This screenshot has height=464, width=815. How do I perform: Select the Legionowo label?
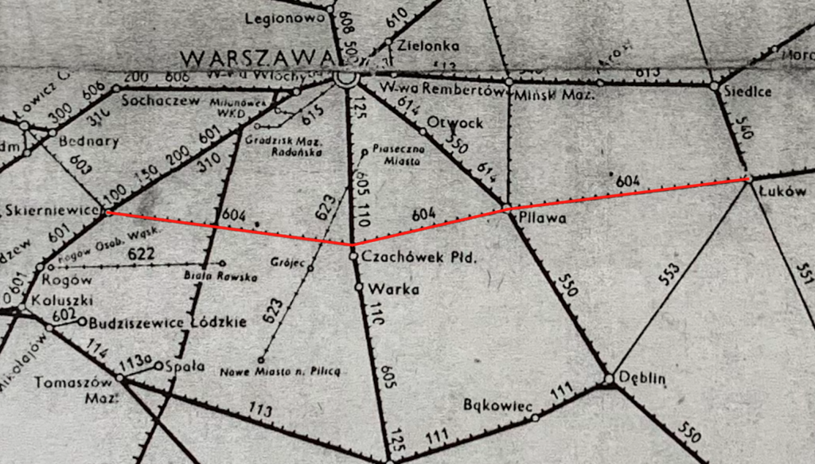pos(285,17)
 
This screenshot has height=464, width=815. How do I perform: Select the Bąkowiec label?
pos(497,406)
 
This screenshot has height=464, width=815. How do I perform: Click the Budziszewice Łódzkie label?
pos(168,322)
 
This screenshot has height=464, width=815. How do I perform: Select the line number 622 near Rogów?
pos(141,253)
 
